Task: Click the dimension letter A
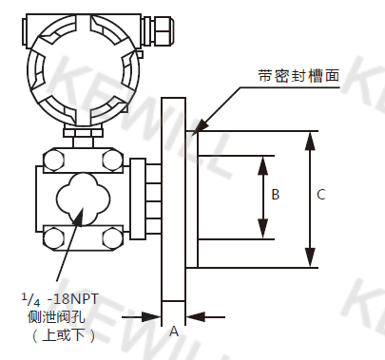click(x=173, y=332)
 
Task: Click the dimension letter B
click(x=275, y=195)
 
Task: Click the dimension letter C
click(x=321, y=195)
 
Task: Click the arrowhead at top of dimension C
click(x=310, y=137)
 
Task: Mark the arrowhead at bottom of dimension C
click(x=310, y=262)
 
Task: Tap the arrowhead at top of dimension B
click(x=262, y=161)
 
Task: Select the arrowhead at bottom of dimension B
click(x=262, y=234)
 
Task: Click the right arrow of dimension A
click(x=191, y=316)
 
